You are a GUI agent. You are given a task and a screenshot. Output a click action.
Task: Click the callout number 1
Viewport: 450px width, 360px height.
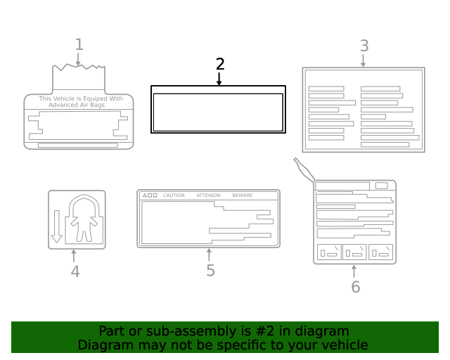click(79, 44)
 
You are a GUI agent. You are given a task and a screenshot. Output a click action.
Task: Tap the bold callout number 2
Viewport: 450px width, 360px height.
click(220, 64)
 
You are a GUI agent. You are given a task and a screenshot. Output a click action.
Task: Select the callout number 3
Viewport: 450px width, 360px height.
click(364, 46)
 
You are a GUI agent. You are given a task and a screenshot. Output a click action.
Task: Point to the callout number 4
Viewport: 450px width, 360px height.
click(75, 271)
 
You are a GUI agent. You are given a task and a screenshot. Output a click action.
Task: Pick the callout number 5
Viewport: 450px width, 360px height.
click(210, 271)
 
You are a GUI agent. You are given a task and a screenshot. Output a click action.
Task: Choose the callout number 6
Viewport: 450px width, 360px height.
click(356, 287)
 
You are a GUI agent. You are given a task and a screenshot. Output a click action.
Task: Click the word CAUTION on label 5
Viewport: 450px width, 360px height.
click(174, 195)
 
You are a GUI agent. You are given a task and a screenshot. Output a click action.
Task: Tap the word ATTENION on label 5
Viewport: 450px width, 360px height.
click(208, 195)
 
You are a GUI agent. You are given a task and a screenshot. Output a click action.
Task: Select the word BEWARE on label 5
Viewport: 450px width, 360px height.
click(242, 195)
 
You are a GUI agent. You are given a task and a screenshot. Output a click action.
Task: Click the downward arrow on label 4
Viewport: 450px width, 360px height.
click(56, 226)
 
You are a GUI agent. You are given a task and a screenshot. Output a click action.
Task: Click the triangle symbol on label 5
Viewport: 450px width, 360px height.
click(145, 195)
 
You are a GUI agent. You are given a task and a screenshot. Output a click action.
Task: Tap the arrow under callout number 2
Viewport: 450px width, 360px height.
click(219, 79)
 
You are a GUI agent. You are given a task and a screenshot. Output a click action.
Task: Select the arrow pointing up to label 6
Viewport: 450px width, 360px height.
click(354, 271)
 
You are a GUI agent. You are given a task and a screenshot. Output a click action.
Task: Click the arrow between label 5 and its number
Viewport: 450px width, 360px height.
click(209, 255)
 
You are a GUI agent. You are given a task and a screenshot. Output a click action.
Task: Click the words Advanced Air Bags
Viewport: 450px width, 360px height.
click(77, 105)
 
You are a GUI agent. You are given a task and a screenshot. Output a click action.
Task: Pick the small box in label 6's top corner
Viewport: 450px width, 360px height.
click(381, 186)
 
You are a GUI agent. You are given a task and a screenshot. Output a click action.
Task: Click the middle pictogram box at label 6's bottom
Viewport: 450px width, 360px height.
click(354, 252)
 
